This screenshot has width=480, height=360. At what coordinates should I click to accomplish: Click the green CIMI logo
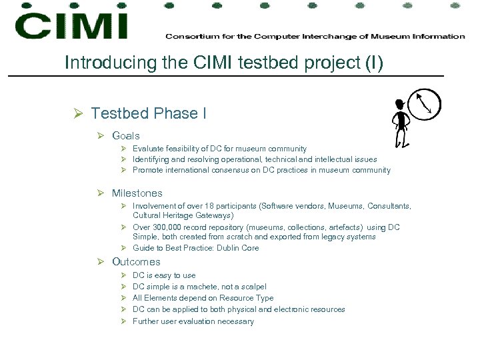pos(71,25)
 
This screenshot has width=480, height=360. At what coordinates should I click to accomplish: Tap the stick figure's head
pos(399,105)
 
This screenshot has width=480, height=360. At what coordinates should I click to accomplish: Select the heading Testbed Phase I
pos(149,113)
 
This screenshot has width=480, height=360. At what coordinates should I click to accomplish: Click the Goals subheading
pos(126,135)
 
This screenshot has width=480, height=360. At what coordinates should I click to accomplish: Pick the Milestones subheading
pos(137,193)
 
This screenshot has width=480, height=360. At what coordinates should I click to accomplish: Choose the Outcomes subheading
pos(136,262)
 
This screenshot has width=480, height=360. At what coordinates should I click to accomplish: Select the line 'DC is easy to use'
pos(164,275)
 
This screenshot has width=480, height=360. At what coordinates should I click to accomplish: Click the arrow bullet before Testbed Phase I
pos(77,114)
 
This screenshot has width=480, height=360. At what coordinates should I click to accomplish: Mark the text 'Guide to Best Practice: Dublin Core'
pos(195,248)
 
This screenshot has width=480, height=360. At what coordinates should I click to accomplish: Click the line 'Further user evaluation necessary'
pos(193,321)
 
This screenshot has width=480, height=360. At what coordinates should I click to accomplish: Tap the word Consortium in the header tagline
pos(187,36)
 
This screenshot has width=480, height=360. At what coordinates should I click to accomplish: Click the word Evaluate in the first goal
pos(147,149)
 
